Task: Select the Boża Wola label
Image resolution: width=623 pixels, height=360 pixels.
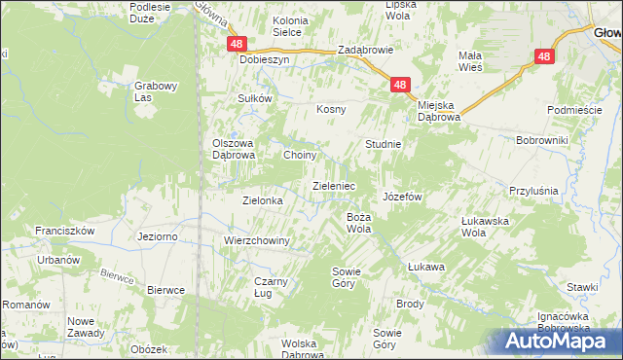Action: [359, 223]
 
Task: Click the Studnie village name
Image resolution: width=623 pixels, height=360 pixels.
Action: [383, 144]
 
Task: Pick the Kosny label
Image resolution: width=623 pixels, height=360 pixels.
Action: [331, 109]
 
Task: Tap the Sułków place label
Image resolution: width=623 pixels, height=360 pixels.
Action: [253, 98]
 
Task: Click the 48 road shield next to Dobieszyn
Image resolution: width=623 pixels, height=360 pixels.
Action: [237, 45]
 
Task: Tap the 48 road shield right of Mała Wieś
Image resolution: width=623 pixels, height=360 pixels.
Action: [543, 57]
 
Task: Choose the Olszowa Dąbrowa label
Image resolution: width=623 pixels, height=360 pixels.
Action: [234, 149]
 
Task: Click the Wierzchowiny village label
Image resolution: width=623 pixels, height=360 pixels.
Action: [257, 240]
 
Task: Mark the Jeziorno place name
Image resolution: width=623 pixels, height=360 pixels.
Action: [158, 236]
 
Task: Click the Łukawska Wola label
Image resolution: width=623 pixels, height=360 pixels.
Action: [486, 227]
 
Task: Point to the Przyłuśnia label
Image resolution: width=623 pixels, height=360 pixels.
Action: [533, 192]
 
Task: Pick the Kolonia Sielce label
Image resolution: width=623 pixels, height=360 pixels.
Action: [274, 25]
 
